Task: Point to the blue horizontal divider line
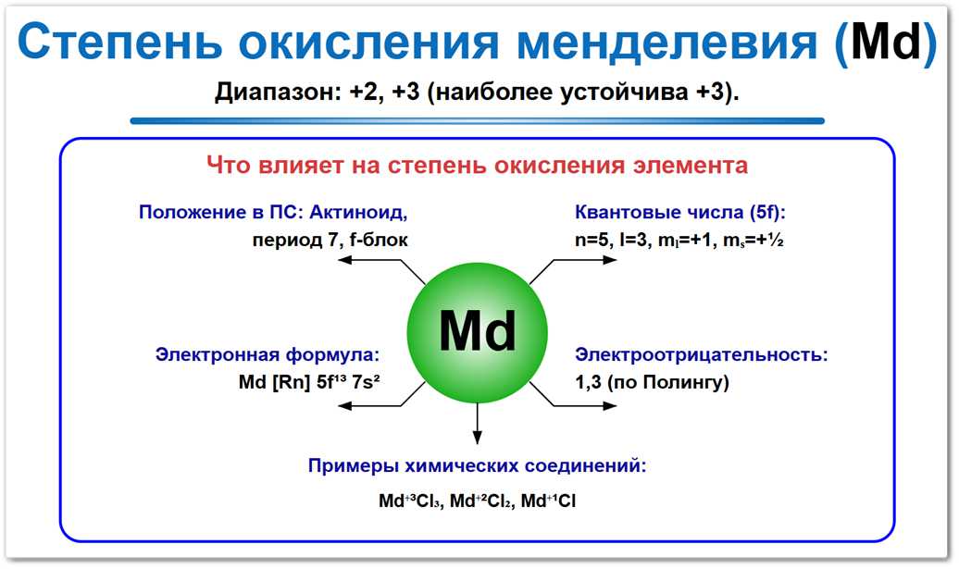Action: (477, 120)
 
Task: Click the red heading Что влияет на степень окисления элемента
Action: (477, 167)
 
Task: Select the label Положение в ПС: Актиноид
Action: (273, 212)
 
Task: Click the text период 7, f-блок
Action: (329, 240)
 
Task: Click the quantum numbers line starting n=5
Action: (679, 241)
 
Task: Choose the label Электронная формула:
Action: (268, 354)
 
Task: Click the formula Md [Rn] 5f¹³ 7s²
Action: (309, 382)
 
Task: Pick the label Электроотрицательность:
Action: (701, 354)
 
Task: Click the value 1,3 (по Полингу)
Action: (652, 382)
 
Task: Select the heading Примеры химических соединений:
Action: (477, 465)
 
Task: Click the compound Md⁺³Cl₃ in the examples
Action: (413, 501)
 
